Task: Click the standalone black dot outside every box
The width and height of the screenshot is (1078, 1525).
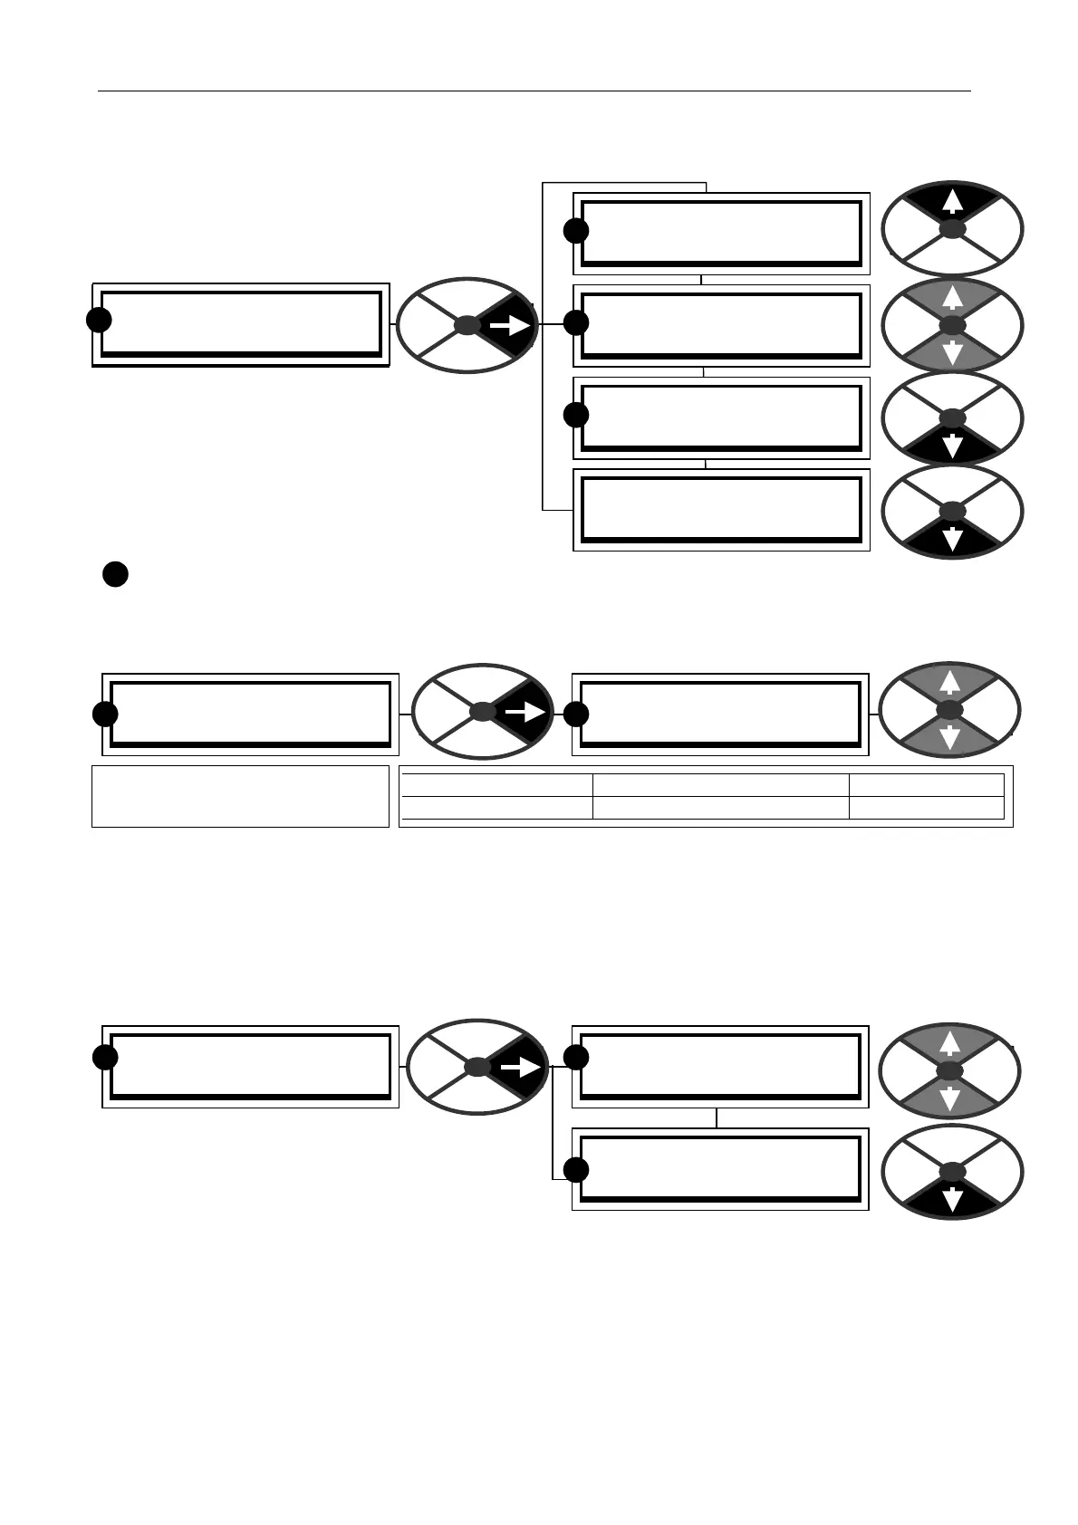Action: [115, 574]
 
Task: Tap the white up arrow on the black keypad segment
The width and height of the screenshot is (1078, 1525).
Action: [952, 200]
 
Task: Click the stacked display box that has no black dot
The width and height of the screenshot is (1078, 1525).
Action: [720, 509]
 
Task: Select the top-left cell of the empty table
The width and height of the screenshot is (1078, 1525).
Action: [496, 785]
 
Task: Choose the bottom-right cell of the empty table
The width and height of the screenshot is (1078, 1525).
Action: [926, 808]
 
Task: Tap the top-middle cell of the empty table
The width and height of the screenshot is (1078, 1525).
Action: [720, 785]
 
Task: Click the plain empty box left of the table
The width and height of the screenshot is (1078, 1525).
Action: [240, 796]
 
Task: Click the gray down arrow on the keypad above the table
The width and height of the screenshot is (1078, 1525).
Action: [950, 738]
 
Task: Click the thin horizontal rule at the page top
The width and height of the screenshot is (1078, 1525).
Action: [534, 91]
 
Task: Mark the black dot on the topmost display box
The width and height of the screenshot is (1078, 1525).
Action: [575, 231]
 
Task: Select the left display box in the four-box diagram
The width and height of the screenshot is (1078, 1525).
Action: [241, 323]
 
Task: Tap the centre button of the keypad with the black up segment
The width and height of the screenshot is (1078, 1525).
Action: [952, 230]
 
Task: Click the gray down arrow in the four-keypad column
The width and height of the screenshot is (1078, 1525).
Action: [952, 354]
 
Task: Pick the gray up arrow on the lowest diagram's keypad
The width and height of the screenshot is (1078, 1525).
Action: [950, 1044]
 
